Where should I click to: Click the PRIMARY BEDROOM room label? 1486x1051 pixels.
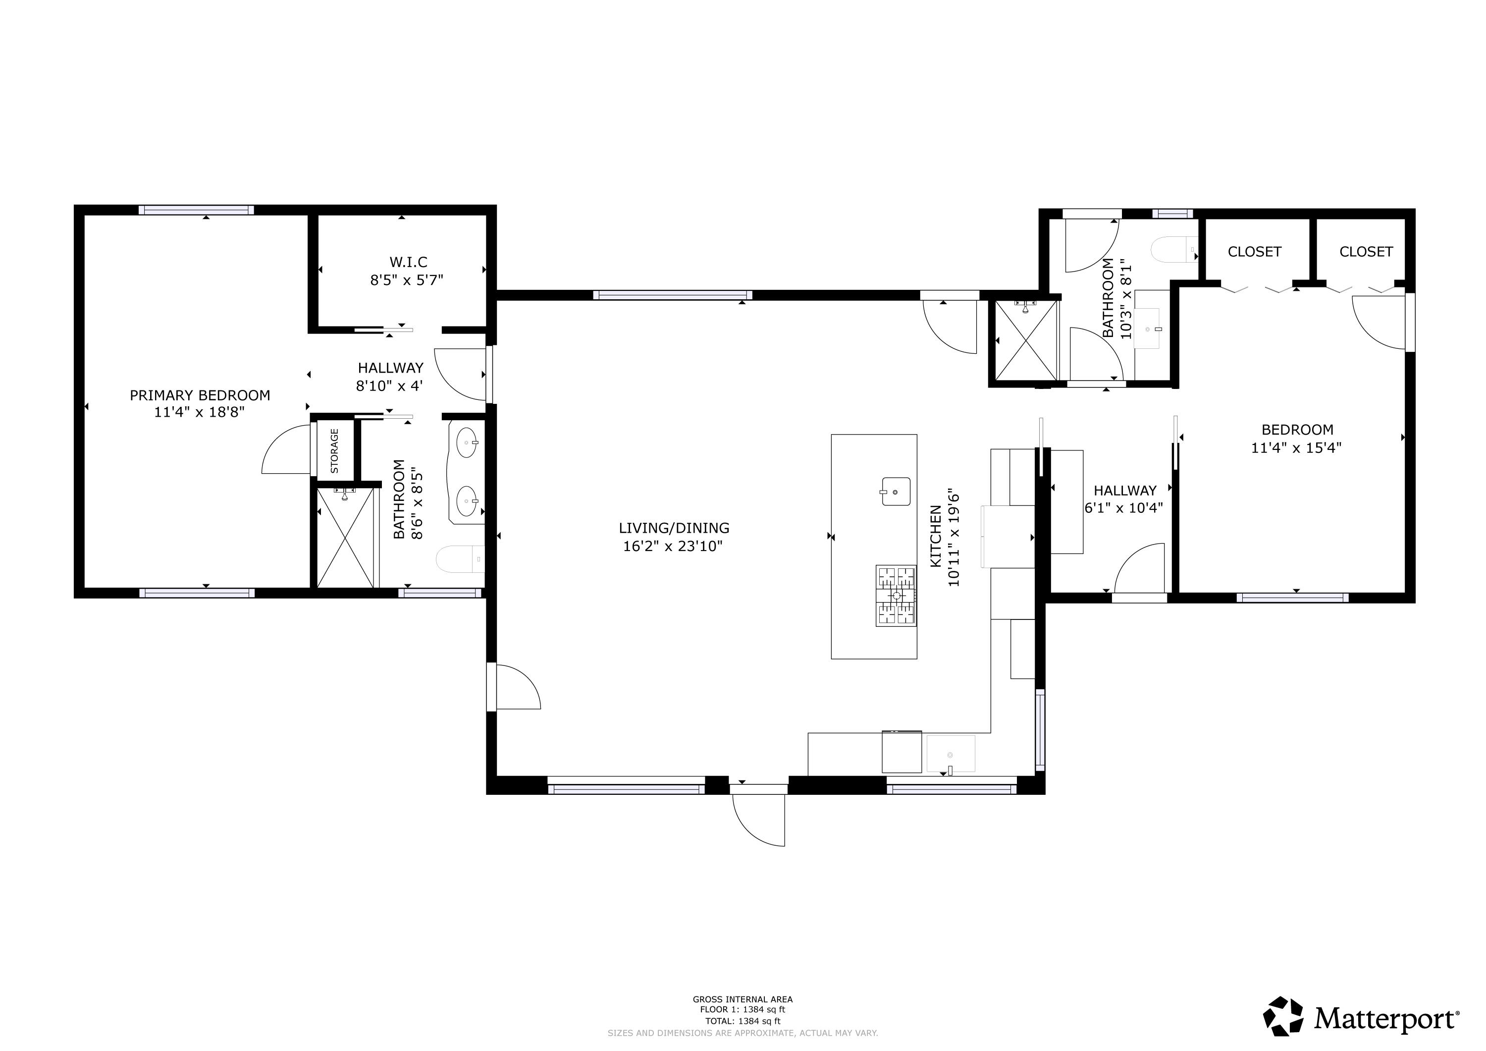click(x=200, y=395)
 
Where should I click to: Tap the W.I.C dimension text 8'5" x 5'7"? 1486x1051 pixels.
click(x=407, y=280)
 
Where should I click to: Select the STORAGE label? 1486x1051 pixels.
click(x=335, y=451)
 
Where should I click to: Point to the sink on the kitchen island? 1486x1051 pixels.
click(x=896, y=492)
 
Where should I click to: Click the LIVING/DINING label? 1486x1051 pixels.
click(x=674, y=528)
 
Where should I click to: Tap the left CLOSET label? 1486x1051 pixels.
click(x=1254, y=251)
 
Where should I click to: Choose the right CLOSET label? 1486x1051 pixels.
click(x=1366, y=251)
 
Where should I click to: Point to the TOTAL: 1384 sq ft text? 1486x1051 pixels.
click(x=743, y=1021)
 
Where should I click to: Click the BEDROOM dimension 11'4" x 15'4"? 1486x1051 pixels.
click(x=1296, y=447)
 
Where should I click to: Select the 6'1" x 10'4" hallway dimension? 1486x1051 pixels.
click(x=1123, y=508)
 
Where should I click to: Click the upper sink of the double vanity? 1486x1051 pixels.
click(x=467, y=443)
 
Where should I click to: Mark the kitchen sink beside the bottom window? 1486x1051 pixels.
click(x=950, y=754)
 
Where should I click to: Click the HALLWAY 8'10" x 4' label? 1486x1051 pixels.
click(x=390, y=376)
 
